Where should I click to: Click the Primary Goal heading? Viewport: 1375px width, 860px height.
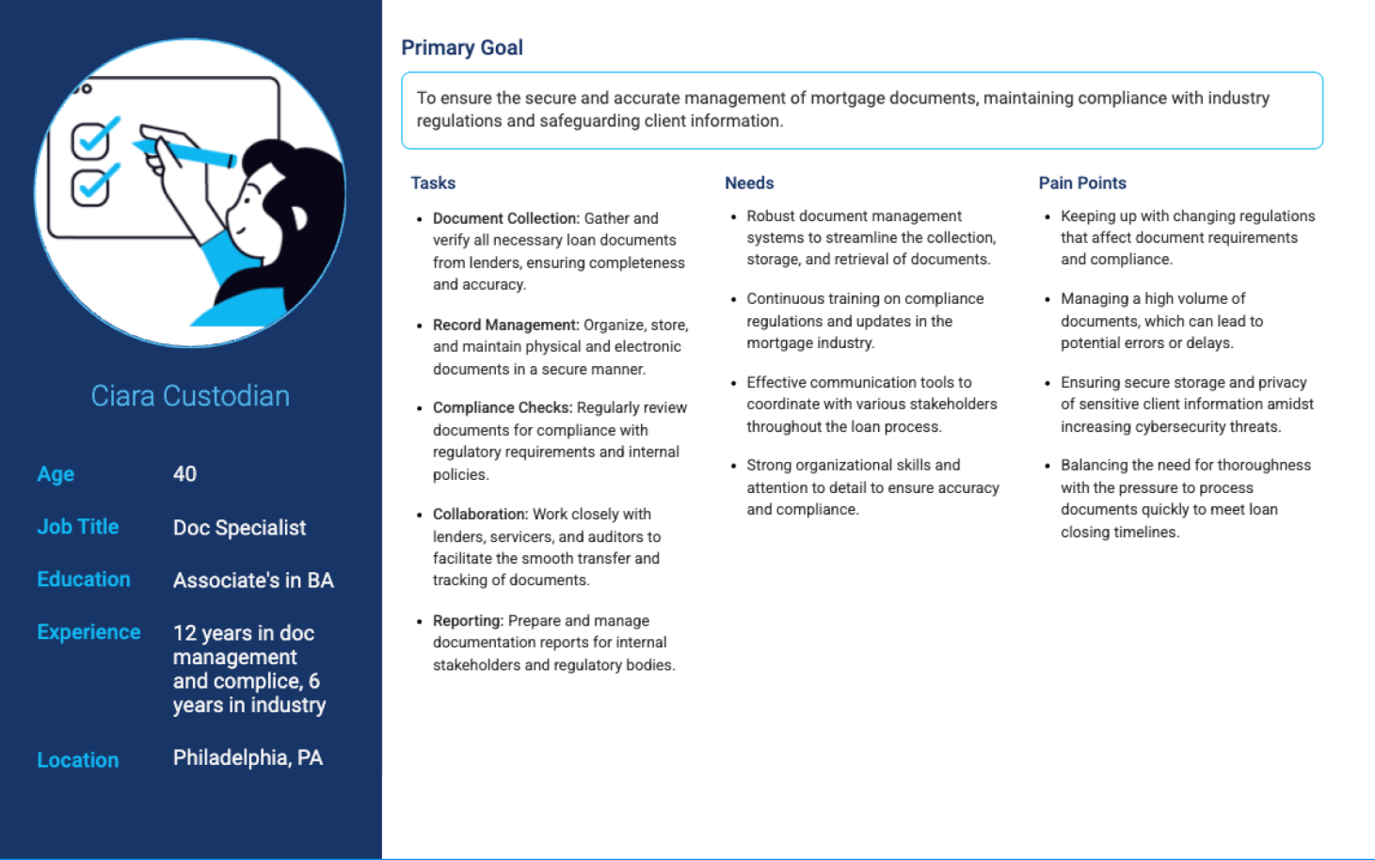tap(461, 48)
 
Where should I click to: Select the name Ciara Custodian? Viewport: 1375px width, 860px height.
tap(190, 396)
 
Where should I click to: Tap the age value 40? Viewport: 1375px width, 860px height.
tap(184, 474)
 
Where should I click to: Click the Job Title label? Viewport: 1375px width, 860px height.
tap(78, 527)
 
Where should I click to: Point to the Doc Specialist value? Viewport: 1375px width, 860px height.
tap(239, 528)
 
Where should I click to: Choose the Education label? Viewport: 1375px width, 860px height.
tap(84, 580)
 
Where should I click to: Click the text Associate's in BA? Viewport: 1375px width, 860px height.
tap(253, 581)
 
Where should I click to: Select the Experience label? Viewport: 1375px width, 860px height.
tap(88, 632)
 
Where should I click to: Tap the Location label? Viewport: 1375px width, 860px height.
tap(78, 760)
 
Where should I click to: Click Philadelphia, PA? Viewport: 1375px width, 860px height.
tap(248, 757)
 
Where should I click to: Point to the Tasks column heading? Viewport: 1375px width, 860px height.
tap(433, 183)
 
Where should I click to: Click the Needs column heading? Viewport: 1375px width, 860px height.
tap(749, 183)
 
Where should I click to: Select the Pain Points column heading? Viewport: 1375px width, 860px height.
tap(1082, 183)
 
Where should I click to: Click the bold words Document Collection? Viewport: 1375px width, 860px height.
tap(506, 218)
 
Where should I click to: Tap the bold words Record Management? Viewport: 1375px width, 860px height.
tap(505, 325)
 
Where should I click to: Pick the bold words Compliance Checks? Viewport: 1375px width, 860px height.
tap(503, 407)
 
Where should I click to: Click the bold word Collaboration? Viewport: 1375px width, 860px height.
tap(480, 514)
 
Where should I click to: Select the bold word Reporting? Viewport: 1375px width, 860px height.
tap(468, 621)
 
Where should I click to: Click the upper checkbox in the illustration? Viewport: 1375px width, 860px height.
tap(91, 141)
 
